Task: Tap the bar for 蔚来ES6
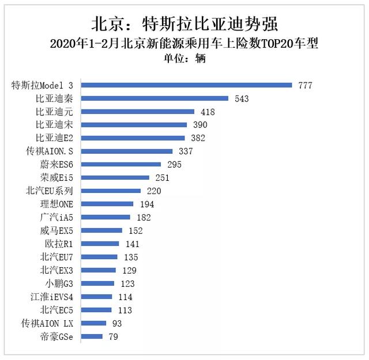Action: click(121, 165)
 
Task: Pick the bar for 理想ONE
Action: click(107, 204)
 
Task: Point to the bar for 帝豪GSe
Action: click(92, 336)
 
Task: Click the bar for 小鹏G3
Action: click(97, 283)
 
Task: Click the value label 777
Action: click(305, 85)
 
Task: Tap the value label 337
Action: click(185, 151)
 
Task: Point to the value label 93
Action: click(117, 323)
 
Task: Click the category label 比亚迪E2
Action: click(54, 138)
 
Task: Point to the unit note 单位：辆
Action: click(184, 58)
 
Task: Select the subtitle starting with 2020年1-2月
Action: click(184, 44)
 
